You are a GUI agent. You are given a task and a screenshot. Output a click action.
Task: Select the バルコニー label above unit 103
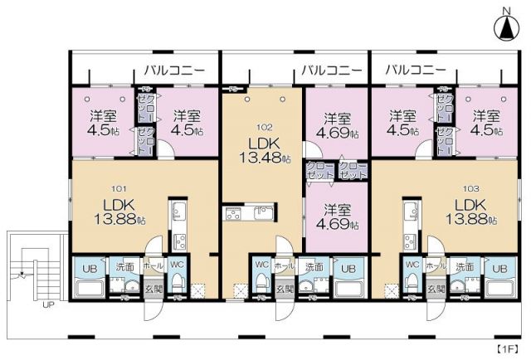click(x=416, y=70)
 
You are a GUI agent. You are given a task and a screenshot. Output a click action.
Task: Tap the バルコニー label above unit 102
click(x=331, y=70)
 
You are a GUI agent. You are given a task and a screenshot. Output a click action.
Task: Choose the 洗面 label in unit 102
click(x=314, y=268)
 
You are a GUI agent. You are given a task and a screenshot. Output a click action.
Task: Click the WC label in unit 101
click(x=178, y=266)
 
